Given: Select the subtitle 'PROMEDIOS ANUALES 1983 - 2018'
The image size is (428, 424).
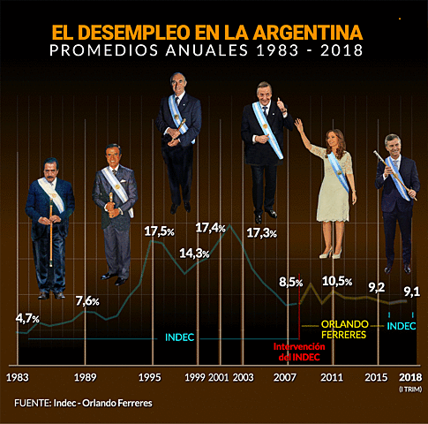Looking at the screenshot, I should [x=206, y=51].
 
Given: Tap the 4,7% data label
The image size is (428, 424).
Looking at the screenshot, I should [x=33, y=317].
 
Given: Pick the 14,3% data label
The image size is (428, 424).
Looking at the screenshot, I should [x=194, y=254].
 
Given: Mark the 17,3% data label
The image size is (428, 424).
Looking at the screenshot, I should [x=261, y=233].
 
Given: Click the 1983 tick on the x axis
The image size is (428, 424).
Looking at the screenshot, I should [x=17, y=377].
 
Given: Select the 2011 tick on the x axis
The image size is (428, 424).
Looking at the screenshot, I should [x=331, y=377].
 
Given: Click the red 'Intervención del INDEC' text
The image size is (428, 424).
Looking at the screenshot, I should [x=299, y=352].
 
